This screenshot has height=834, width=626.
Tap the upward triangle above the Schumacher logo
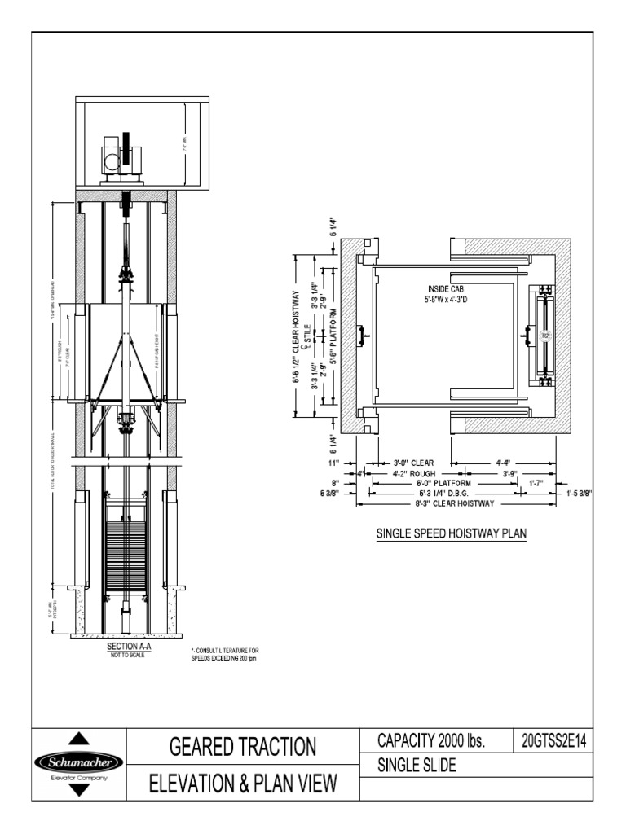click(x=78, y=740)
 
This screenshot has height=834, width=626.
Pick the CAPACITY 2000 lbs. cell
click(x=431, y=741)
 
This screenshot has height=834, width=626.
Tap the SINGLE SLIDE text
click(x=417, y=766)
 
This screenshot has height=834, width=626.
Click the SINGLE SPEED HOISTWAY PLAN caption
click(x=452, y=535)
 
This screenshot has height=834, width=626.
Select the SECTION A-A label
click(x=126, y=646)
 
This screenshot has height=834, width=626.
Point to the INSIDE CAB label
click(x=445, y=289)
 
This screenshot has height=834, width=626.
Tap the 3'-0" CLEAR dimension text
click(x=414, y=463)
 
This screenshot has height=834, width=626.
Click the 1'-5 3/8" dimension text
click(x=575, y=493)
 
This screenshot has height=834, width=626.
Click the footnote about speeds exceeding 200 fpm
click(x=225, y=653)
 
